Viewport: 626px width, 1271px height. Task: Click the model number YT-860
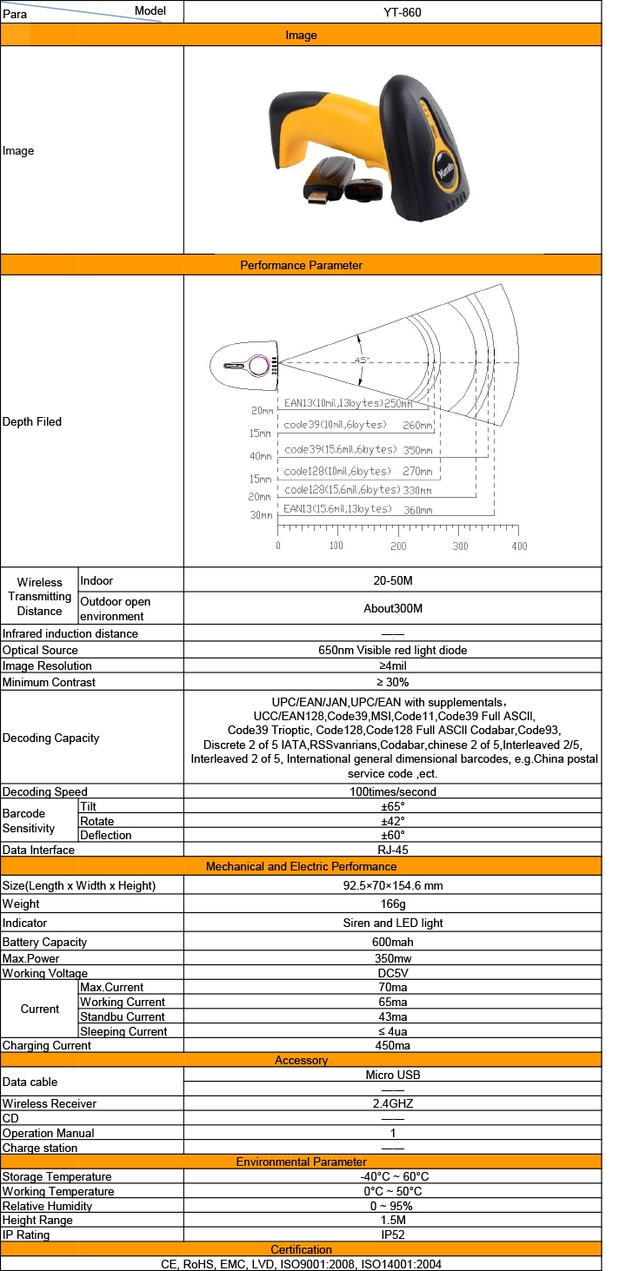click(x=403, y=12)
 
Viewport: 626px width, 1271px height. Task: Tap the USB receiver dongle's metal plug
click(x=318, y=197)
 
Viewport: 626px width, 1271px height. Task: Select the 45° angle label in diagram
click(x=362, y=359)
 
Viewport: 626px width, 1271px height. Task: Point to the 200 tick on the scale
click(x=398, y=546)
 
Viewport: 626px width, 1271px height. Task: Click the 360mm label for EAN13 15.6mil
click(x=418, y=510)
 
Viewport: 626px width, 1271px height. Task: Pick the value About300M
click(x=393, y=608)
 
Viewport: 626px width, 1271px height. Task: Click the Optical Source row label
click(x=40, y=650)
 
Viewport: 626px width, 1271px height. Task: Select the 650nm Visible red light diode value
click(x=392, y=650)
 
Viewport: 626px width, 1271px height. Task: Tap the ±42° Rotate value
click(x=393, y=821)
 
